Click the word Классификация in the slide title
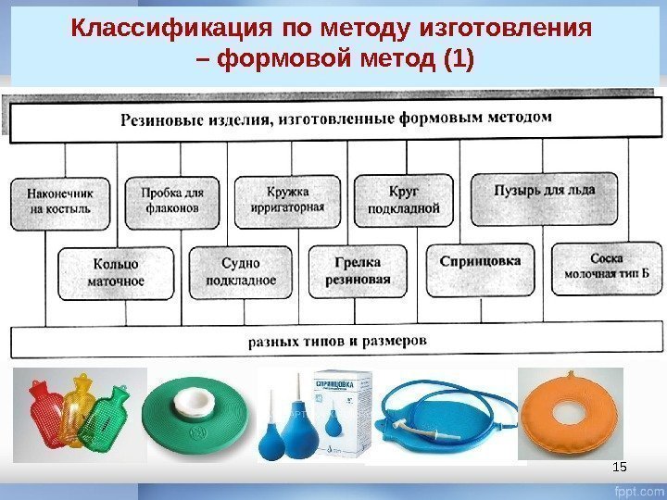(x=138, y=28)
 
